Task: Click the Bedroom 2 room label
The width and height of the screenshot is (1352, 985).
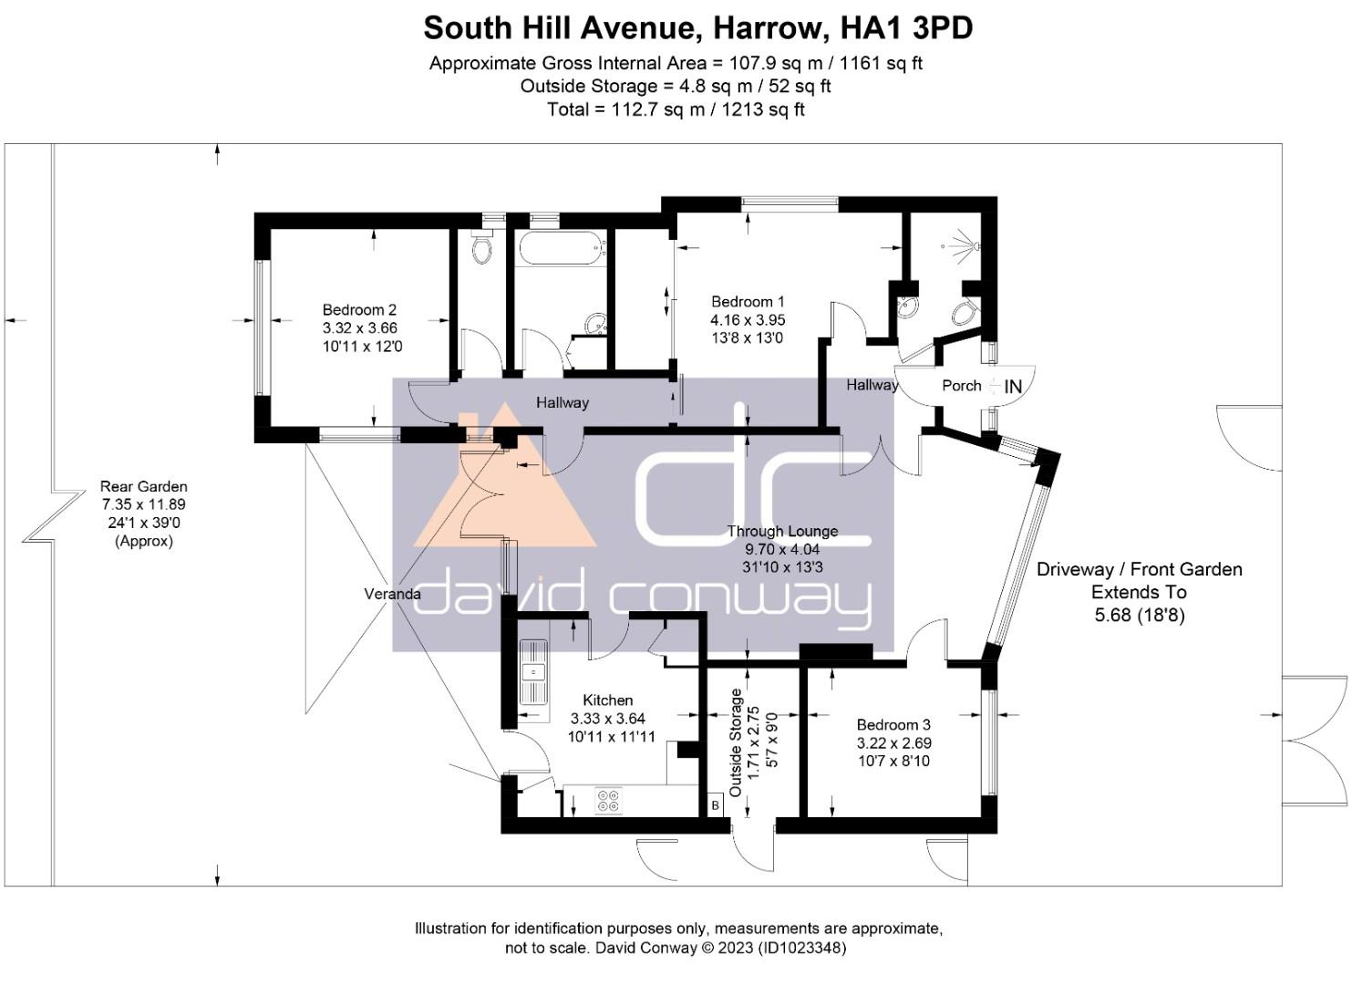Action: pyautogui.click(x=359, y=310)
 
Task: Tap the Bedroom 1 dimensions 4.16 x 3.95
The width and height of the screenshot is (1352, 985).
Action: pyautogui.click(x=748, y=319)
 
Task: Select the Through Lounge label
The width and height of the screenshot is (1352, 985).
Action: pyautogui.click(x=782, y=531)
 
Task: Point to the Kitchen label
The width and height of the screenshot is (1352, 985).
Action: pyautogui.click(x=608, y=700)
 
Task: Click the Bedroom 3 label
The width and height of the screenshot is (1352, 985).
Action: pyautogui.click(x=893, y=724)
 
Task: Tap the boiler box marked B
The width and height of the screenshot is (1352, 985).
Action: pyautogui.click(x=716, y=805)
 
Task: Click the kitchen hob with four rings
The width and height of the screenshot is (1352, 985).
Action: pyautogui.click(x=608, y=801)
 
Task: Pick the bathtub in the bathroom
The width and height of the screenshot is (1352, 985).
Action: pyautogui.click(x=561, y=247)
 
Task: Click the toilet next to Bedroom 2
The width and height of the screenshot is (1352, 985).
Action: pyautogui.click(x=481, y=246)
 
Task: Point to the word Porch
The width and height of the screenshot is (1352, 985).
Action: pyautogui.click(x=962, y=385)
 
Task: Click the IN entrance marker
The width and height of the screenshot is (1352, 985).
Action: pyautogui.click(x=1013, y=387)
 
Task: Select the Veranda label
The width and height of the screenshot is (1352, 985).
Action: pyautogui.click(x=392, y=594)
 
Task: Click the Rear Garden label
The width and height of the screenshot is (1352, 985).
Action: pyautogui.click(x=144, y=486)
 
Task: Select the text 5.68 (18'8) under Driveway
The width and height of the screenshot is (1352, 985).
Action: pyautogui.click(x=1140, y=616)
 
